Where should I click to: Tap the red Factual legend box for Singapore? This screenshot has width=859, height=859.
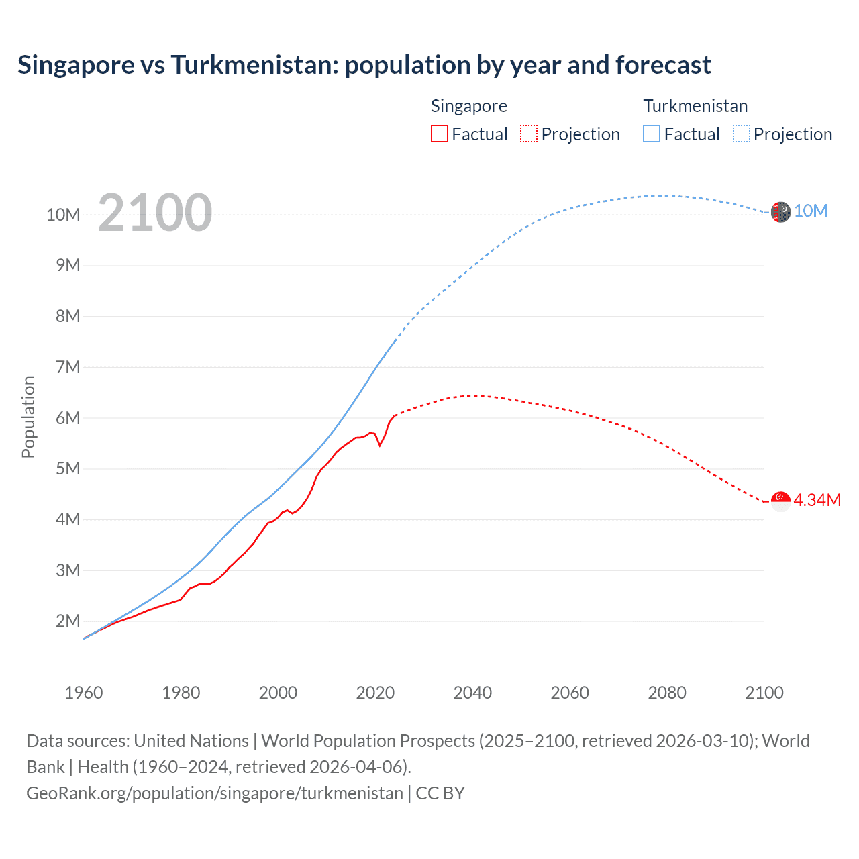(439, 134)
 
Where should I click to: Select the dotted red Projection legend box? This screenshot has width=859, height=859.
(529, 134)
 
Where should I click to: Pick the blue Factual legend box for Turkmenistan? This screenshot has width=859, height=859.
(652, 134)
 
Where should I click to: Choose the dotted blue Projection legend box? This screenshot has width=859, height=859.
(742, 134)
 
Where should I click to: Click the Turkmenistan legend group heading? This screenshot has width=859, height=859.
(695, 106)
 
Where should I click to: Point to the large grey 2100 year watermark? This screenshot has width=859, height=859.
(155, 213)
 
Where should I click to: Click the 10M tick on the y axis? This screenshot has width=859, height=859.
(63, 215)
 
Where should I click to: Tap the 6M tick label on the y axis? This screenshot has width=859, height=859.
(67, 418)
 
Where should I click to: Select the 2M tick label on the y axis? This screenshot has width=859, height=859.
(67, 621)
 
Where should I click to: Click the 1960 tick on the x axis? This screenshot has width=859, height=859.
(84, 693)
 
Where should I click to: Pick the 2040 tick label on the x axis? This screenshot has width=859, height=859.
(472, 693)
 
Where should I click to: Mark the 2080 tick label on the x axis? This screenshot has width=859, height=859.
(667, 693)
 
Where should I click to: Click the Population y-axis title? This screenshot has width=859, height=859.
(28, 417)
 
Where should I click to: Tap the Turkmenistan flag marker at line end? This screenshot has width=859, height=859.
(780, 212)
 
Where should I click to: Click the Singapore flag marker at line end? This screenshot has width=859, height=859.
(780, 501)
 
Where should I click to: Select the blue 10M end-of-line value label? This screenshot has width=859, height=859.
(811, 211)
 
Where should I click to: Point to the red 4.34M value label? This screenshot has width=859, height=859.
(817, 500)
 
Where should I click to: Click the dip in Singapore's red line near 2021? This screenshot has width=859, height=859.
(380, 445)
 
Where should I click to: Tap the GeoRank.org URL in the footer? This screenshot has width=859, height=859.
(215, 793)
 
